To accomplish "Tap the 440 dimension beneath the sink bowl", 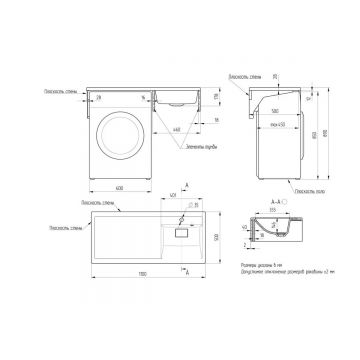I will [177, 128].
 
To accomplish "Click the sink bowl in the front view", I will [181, 98].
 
